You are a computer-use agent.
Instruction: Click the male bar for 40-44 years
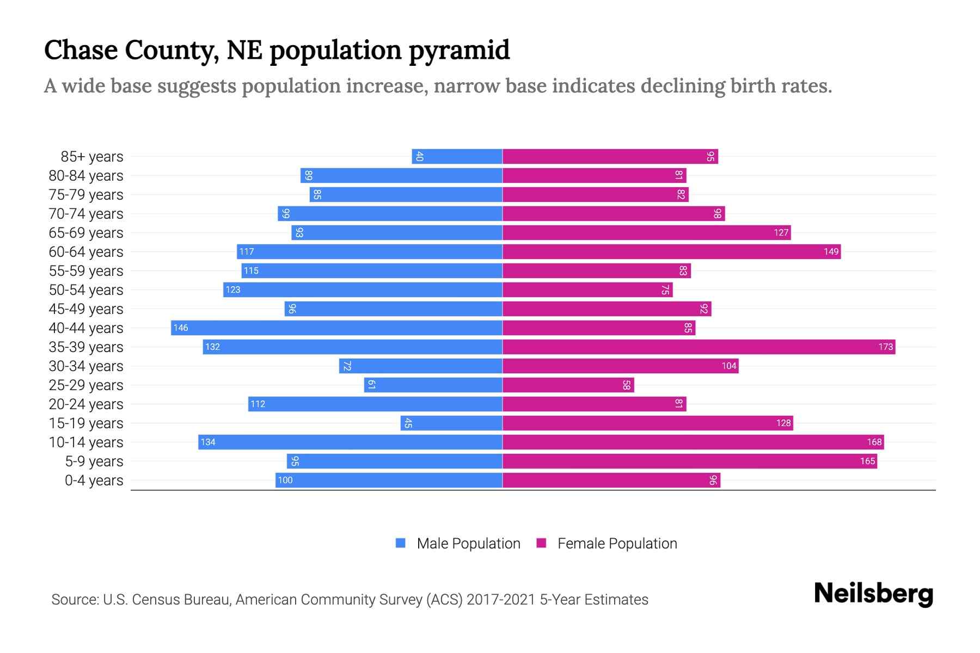pos(336,328)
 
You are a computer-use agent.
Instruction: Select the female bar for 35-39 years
pos(699,347)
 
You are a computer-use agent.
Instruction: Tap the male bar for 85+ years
pos(457,156)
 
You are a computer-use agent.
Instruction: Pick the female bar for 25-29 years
pos(568,385)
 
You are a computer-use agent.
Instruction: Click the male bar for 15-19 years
pos(451,423)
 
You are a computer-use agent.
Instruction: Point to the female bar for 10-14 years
pos(693,442)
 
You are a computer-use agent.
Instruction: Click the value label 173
pos(885,347)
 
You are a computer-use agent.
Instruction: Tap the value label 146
pos(181,328)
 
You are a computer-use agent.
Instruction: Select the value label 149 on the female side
pos(831,251)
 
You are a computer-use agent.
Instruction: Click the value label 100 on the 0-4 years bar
pos(285,480)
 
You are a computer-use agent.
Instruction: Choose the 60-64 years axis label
pos(86,252)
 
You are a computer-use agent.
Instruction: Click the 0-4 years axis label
pos(94,480)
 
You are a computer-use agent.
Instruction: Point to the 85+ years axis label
pos(92,157)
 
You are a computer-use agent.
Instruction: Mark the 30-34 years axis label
pos(86,366)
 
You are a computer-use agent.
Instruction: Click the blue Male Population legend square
pos(401,543)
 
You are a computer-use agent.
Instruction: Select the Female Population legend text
pos(617,543)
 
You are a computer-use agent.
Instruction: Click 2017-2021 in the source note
pos(501,600)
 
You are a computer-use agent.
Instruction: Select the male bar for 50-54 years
pos(363,289)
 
